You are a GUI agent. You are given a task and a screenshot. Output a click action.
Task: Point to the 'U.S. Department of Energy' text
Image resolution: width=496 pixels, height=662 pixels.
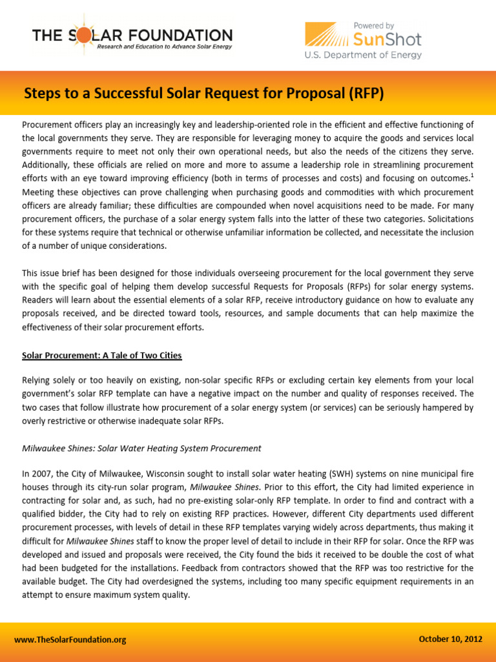pyautogui.click(x=363, y=56)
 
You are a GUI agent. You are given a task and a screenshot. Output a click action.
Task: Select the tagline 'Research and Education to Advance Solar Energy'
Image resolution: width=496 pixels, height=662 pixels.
pyautogui.click(x=164, y=47)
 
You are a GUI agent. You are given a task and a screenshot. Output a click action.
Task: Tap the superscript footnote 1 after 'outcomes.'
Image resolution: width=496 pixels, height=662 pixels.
pyautogui.click(x=471, y=174)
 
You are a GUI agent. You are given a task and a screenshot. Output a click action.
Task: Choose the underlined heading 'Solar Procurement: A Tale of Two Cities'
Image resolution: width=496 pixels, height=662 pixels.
pyautogui.click(x=102, y=355)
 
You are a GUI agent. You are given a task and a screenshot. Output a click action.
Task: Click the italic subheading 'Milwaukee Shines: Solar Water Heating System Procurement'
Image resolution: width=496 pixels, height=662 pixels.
pyautogui.click(x=141, y=448)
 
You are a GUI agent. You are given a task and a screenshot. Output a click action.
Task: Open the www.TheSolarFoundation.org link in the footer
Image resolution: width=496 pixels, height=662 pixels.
pyautogui.click(x=70, y=639)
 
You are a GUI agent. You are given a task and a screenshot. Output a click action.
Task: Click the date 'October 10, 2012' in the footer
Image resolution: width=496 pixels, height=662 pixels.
pyautogui.click(x=450, y=639)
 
